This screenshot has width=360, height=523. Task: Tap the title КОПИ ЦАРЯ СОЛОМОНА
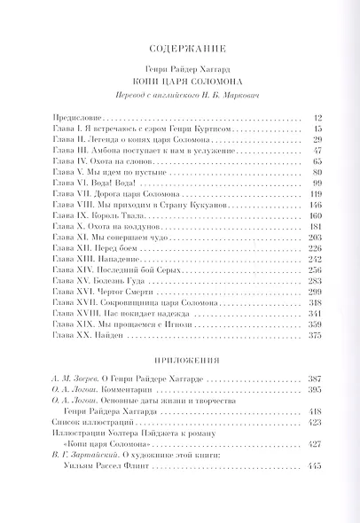click(x=179, y=81)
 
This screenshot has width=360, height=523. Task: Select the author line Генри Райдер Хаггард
click(x=179, y=67)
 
